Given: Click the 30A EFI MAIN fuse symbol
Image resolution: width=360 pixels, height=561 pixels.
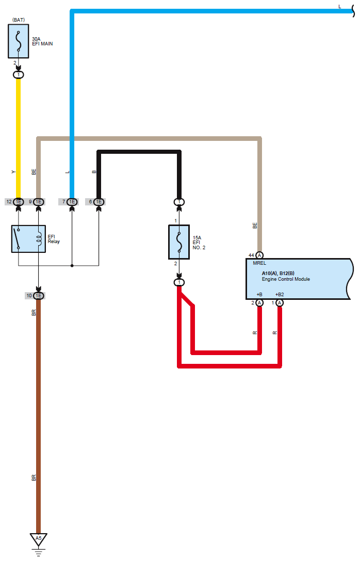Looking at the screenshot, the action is (18, 41).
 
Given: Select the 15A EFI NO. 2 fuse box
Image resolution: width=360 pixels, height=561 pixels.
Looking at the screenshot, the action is (179, 242).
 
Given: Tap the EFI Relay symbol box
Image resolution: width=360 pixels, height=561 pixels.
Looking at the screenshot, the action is (28, 238).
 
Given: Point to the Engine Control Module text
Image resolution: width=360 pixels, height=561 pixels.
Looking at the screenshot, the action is (286, 279).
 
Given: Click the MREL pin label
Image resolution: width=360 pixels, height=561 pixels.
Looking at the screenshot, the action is (259, 263).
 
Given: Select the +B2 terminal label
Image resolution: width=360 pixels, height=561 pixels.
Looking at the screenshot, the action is (279, 295).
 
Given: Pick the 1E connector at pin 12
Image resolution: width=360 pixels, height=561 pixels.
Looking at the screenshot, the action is (18, 202).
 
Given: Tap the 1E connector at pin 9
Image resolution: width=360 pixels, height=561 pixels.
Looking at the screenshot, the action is (39, 202).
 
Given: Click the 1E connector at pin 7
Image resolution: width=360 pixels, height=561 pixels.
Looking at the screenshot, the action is (72, 202).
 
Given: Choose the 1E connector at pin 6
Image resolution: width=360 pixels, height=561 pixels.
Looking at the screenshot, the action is (99, 202).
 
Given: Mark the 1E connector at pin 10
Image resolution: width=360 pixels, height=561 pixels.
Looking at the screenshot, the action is (38, 296).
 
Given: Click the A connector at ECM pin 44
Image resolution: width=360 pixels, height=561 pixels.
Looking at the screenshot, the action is (259, 255).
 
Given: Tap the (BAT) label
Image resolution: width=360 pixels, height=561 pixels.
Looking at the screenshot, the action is (19, 20).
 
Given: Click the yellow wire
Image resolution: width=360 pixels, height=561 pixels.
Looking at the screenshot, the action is (18, 138).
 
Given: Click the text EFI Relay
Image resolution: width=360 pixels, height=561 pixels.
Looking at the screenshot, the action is (54, 239).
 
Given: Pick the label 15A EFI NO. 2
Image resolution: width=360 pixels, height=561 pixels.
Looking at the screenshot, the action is (199, 243).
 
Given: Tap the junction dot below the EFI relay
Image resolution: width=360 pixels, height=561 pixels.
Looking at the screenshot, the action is (72, 265).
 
